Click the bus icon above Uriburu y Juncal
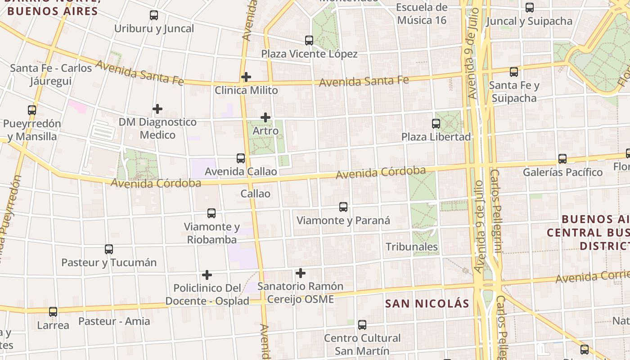(x=154, y=15)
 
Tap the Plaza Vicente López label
(x=309, y=54)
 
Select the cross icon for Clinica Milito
(x=246, y=77)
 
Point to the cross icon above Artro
(x=265, y=117)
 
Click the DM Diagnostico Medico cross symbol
(x=157, y=109)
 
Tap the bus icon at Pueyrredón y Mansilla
(x=31, y=110)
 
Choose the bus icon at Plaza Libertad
(x=436, y=123)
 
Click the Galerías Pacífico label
(x=562, y=172)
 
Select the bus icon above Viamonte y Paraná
(x=343, y=207)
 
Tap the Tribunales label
(x=412, y=247)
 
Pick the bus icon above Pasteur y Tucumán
(x=109, y=249)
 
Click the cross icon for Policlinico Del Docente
(x=207, y=274)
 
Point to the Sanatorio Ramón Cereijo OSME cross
(x=300, y=273)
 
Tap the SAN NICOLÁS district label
(x=427, y=303)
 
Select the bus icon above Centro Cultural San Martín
(x=362, y=324)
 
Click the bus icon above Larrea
(x=53, y=311)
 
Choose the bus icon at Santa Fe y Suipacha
(x=513, y=72)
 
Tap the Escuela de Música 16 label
(x=422, y=13)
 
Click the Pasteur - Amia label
(x=114, y=321)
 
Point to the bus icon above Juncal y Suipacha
(x=530, y=7)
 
